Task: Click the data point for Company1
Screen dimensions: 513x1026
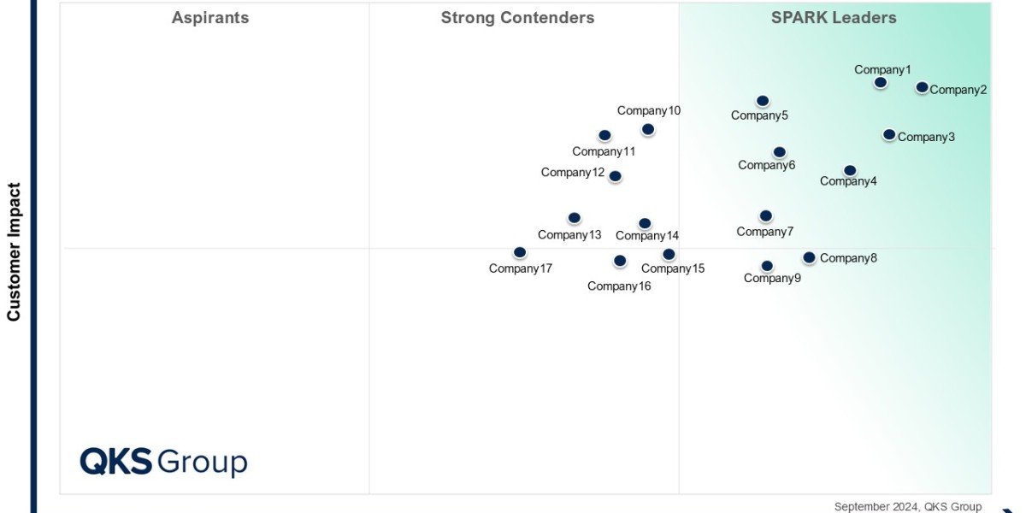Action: pyautogui.click(x=881, y=82)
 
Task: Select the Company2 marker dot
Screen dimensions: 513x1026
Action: pyautogui.click(x=922, y=87)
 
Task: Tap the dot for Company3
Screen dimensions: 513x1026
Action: pyautogui.click(x=889, y=134)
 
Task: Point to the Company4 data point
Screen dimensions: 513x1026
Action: pyautogui.click(x=849, y=171)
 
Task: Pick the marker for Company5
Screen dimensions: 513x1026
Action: pyautogui.click(x=763, y=101)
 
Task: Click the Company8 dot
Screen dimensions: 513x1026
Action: pyautogui.click(x=809, y=257)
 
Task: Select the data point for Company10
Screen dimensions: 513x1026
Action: pyautogui.click(x=648, y=129)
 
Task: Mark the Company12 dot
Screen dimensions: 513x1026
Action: pyautogui.click(x=615, y=176)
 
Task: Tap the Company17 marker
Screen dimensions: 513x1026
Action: pyautogui.click(x=520, y=252)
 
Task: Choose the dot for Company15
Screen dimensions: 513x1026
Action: pyautogui.click(x=669, y=254)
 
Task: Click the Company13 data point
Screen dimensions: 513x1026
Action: pyautogui.click(x=575, y=218)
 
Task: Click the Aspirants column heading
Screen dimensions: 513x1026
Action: pyautogui.click(x=210, y=18)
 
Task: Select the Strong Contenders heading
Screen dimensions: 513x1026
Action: pyautogui.click(x=517, y=18)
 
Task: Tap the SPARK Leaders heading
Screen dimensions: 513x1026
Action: pyautogui.click(x=834, y=18)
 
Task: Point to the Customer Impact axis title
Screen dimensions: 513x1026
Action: pyautogui.click(x=14, y=251)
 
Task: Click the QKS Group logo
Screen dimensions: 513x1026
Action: pyautogui.click(x=163, y=462)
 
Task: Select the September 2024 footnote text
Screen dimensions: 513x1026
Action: pyautogui.click(x=908, y=506)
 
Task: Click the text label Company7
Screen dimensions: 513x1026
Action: pyautogui.click(x=765, y=232)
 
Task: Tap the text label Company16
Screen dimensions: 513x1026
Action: pyautogui.click(x=619, y=286)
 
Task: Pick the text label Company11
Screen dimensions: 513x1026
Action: pyautogui.click(x=604, y=152)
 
